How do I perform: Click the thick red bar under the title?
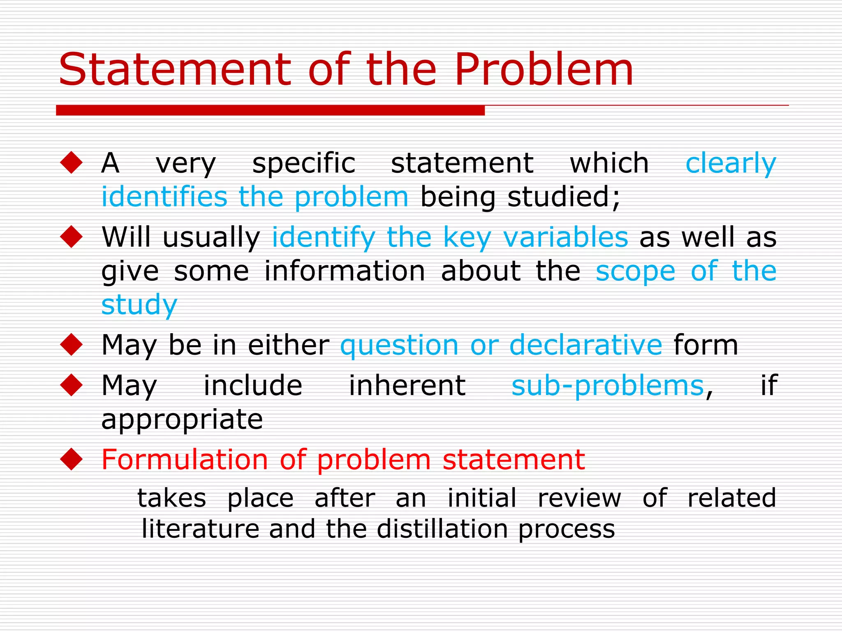[270, 110]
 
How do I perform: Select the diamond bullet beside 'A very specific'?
[72, 163]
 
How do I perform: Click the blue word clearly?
[731, 164]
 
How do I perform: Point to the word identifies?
[164, 197]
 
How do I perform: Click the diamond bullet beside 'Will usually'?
[72, 237]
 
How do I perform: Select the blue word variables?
[566, 237]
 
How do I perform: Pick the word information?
[345, 271]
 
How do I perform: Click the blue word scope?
[635, 272]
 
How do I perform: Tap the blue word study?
[139, 305]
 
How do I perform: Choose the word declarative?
[585, 345]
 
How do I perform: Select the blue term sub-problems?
[608, 386]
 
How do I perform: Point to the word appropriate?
[182, 420]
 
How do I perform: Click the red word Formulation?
[185, 459]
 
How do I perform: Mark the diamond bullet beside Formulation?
[72, 459]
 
